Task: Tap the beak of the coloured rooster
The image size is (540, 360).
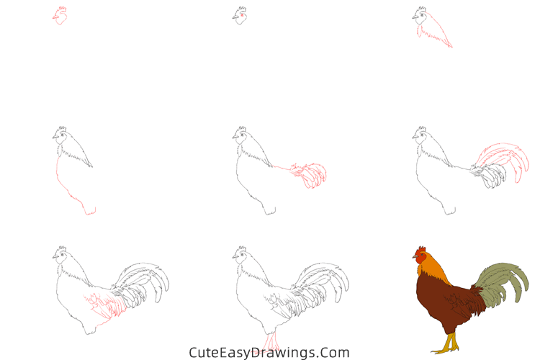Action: click(x=415, y=258)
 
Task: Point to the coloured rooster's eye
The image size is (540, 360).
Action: click(x=422, y=256)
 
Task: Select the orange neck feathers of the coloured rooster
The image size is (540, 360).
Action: click(x=435, y=270)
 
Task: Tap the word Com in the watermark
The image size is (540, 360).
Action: click(x=336, y=353)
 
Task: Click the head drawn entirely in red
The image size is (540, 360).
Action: click(x=60, y=16)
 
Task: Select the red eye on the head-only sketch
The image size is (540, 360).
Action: click(x=243, y=15)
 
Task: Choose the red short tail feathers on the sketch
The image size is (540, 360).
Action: click(x=310, y=175)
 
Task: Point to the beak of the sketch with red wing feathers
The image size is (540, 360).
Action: click(x=54, y=256)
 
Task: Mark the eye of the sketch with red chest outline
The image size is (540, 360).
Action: click(x=62, y=135)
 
